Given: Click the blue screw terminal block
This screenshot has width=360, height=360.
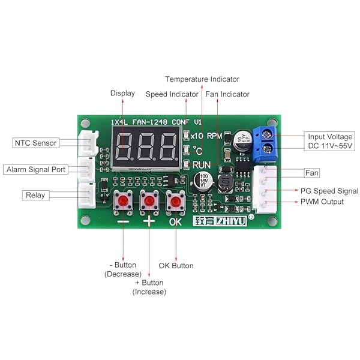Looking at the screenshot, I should [x=266, y=143].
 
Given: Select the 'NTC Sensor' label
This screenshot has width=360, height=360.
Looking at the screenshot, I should [x=35, y=143].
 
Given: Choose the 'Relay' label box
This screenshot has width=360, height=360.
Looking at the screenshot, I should [x=34, y=195].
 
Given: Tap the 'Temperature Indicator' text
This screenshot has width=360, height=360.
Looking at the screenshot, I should [x=202, y=79].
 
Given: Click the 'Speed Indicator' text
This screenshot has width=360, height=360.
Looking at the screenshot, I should [x=172, y=94].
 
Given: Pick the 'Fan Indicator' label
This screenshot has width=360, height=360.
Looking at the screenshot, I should [x=227, y=94].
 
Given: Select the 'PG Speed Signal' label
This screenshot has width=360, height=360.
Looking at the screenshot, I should [x=329, y=191].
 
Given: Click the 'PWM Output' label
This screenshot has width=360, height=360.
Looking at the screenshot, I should [x=322, y=202].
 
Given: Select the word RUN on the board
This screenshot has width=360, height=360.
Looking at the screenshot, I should [x=202, y=164].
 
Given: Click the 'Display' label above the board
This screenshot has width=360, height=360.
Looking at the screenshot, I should [x=122, y=93].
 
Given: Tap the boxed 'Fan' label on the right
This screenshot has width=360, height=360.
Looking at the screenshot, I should [x=311, y=173].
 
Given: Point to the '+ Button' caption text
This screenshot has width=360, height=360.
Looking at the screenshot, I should [x=149, y=283].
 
